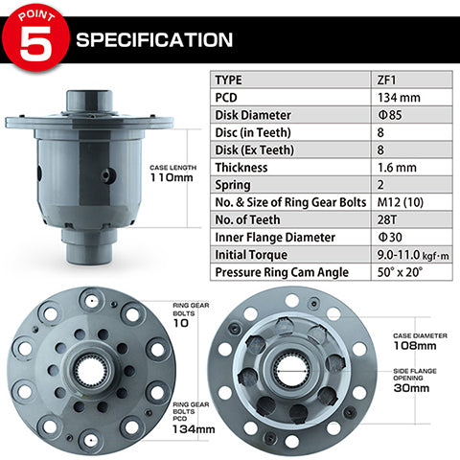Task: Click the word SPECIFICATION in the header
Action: click(153, 40)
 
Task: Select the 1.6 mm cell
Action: click(397, 167)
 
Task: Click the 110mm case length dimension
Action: click(172, 177)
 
